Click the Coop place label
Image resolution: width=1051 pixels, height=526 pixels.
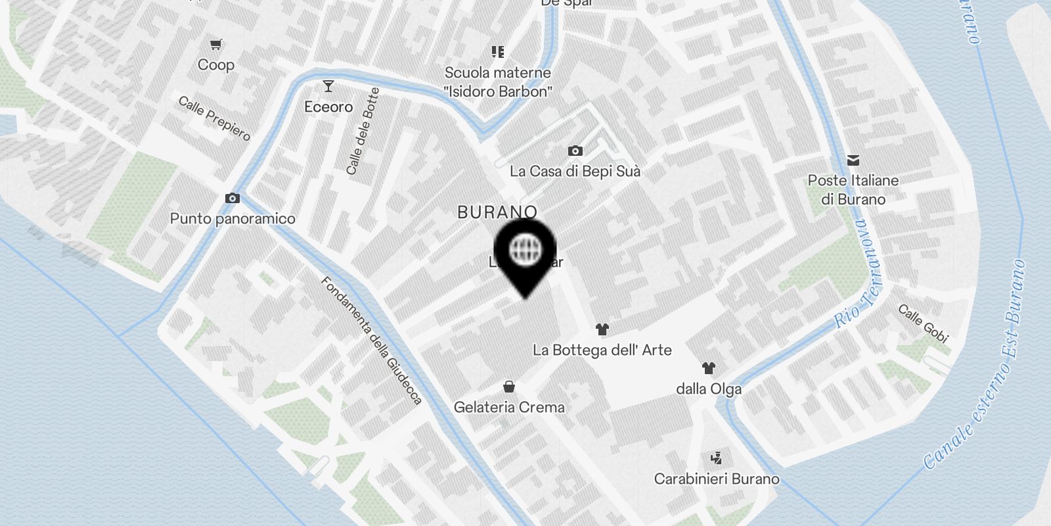click(x=215, y=64)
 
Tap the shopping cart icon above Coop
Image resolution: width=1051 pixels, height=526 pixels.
click(x=216, y=45)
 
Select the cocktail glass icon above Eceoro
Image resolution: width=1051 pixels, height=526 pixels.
click(x=328, y=86)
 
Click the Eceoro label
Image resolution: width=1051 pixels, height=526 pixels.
click(x=328, y=107)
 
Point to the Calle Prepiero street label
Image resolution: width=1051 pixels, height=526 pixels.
click(x=214, y=118)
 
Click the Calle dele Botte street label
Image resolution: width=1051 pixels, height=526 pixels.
click(x=363, y=131)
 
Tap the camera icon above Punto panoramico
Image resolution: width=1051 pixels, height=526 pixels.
click(x=232, y=198)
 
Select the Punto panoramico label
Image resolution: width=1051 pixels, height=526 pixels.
click(x=233, y=218)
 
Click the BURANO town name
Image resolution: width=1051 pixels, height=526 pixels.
click(x=497, y=212)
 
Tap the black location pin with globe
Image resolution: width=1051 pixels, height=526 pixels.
click(x=525, y=253)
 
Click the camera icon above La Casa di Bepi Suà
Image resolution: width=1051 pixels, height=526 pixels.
click(x=575, y=151)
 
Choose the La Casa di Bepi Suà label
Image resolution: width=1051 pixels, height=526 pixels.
click(x=575, y=171)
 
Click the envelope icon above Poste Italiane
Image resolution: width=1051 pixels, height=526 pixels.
click(x=853, y=160)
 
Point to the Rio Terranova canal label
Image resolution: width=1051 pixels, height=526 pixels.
click(x=859, y=274)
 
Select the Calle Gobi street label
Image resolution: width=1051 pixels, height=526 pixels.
click(x=924, y=323)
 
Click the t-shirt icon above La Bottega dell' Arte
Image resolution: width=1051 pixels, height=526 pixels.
click(x=602, y=329)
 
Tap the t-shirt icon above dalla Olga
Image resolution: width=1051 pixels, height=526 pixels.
click(x=708, y=368)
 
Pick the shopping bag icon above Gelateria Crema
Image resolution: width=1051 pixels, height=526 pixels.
click(x=509, y=387)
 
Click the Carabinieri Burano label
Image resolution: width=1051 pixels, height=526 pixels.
click(x=717, y=479)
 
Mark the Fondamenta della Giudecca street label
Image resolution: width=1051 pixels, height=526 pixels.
click(x=371, y=340)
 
